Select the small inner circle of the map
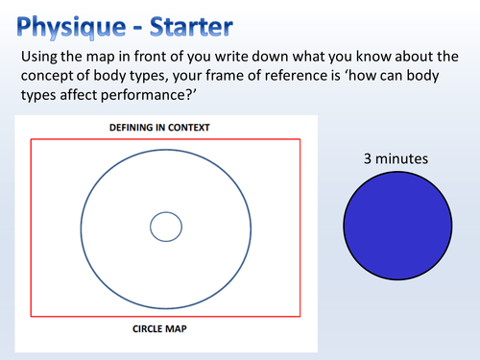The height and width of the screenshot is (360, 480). click(166, 227)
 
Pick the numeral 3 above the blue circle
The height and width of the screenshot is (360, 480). click(368, 158)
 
